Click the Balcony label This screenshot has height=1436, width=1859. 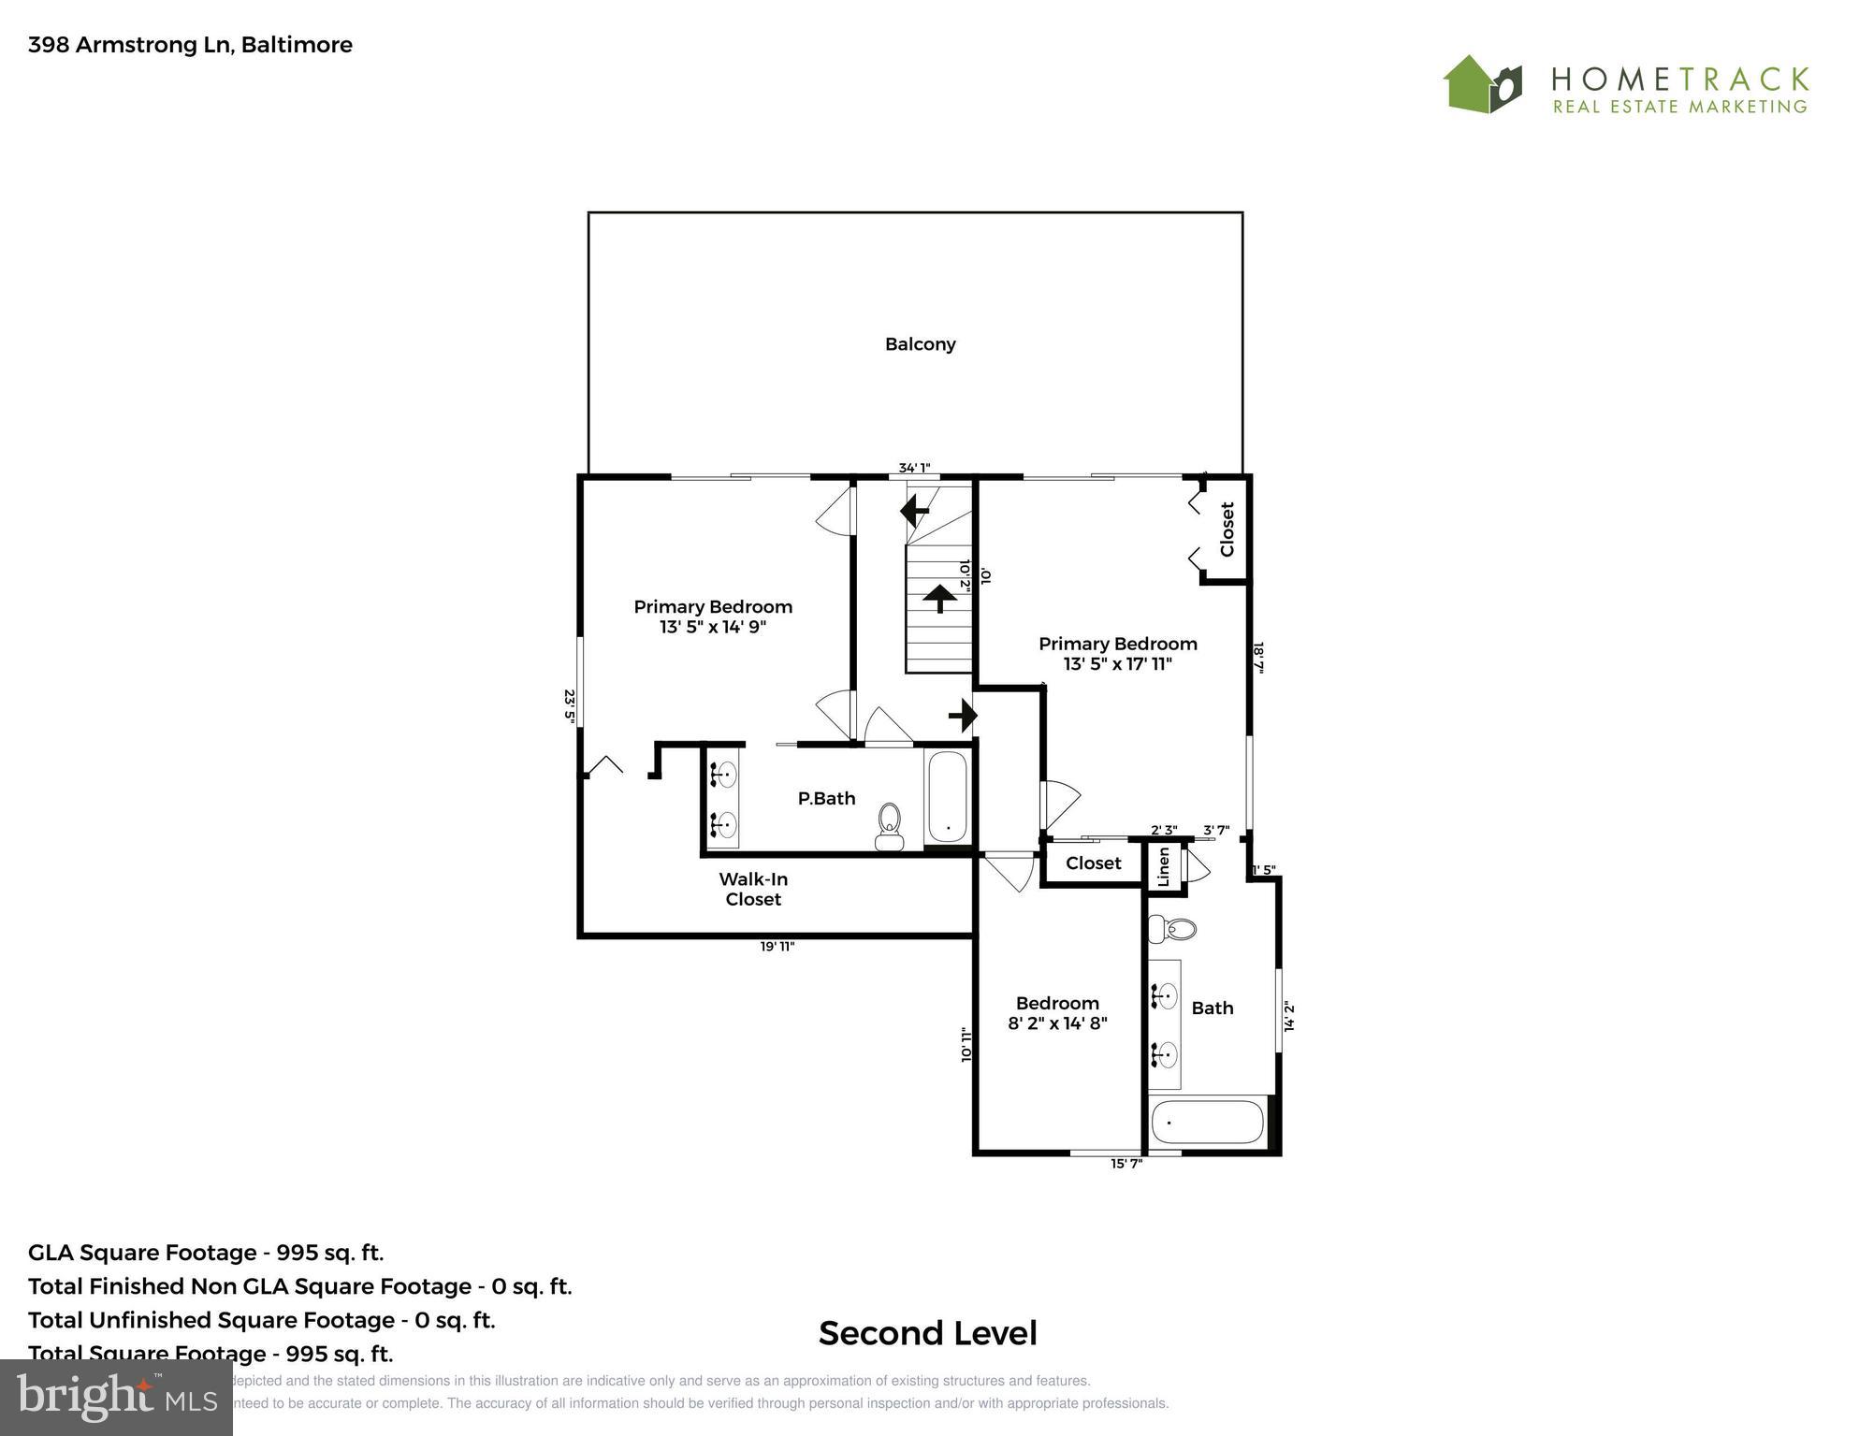(x=920, y=344)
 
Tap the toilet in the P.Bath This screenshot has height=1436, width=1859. (x=889, y=825)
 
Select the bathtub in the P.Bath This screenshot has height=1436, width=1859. (x=948, y=796)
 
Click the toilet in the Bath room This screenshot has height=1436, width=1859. (x=1173, y=929)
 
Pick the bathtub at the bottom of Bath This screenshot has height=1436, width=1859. (x=1207, y=1122)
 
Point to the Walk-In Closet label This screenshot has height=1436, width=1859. (x=753, y=889)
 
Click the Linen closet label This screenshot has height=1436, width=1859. (x=1163, y=866)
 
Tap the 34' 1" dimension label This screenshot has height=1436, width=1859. (x=914, y=468)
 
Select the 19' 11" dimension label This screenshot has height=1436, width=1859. (x=777, y=947)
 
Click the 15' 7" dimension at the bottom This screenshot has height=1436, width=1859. (x=1126, y=1163)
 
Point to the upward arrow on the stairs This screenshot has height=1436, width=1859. (x=939, y=597)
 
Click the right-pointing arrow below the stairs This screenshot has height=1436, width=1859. (x=964, y=716)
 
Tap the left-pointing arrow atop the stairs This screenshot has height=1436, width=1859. (x=914, y=511)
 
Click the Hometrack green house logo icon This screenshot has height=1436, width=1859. (x=1482, y=84)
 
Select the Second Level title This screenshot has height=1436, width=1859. (x=927, y=1333)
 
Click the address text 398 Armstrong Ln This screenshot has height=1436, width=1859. (x=190, y=45)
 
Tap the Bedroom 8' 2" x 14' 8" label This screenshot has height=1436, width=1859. (x=1057, y=1013)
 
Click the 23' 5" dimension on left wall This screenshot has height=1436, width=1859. (x=569, y=705)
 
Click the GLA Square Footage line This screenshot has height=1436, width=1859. (x=206, y=1253)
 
